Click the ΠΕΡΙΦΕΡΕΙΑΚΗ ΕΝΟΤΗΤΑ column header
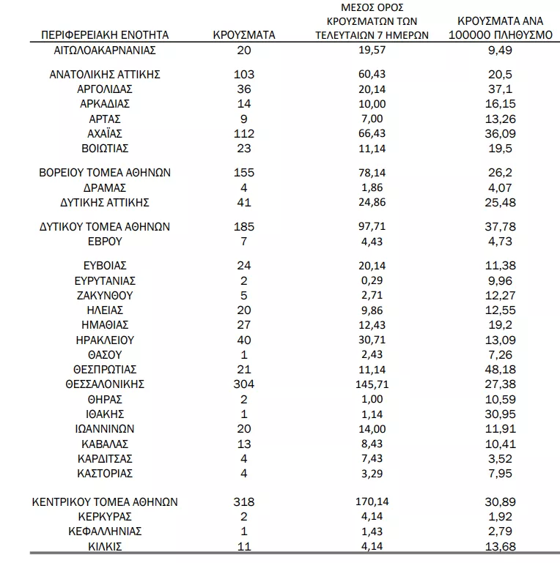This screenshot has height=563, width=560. pos(105,34)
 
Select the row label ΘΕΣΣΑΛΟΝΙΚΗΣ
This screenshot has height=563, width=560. pos(105,384)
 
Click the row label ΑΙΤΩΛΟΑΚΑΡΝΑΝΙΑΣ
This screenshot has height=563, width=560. pos(105,51)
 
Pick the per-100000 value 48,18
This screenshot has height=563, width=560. pos(501,370)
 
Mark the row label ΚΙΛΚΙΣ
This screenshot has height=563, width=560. pos(105,547)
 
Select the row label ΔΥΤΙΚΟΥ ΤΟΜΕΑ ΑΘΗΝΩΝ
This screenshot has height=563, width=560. pos(105,227)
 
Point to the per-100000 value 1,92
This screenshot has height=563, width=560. pos(501,517)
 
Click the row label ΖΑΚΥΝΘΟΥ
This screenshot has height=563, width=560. pos(105,296)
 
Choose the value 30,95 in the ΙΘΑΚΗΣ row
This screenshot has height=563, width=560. pos(501,414)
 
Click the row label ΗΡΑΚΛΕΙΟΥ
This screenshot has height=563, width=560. pos(105,340)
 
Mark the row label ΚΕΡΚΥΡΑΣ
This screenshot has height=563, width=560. pos(105,517)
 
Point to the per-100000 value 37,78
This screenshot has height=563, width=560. pos(501,227)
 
